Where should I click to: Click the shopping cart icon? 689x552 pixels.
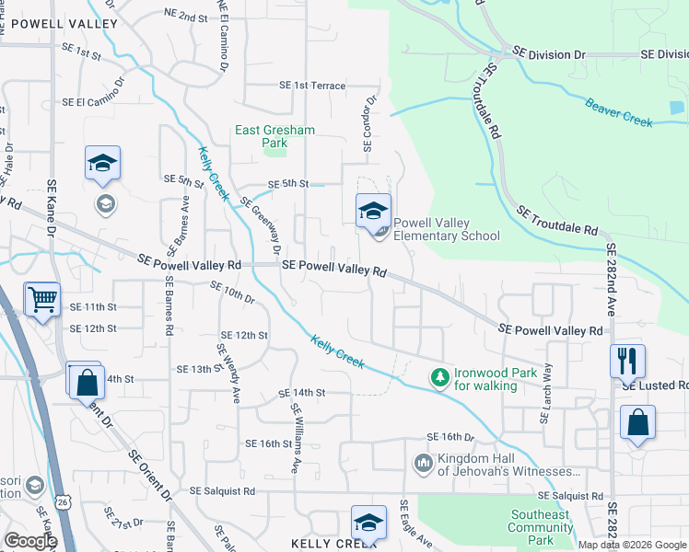click(x=42, y=300)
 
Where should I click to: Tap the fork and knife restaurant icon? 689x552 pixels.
click(x=627, y=360)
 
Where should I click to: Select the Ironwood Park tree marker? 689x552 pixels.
click(x=440, y=376)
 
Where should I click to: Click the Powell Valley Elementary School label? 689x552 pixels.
click(x=447, y=229)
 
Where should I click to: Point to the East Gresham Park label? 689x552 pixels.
click(x=274, y=137)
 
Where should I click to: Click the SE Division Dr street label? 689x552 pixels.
click(x=549, y=55)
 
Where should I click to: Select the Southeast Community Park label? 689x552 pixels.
click(x=540, y=527)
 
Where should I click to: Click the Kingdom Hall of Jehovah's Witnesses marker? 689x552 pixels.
click(x=424, y=463)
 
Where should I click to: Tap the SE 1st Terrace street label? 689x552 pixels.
click(x=313, y=86)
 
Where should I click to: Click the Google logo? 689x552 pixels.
click(x=29, y=541)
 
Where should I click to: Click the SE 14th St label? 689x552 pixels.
click(x=302, y=394)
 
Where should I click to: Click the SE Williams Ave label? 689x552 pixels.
click(x=296, y=438)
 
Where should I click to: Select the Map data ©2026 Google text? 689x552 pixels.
click(x=633, y=545)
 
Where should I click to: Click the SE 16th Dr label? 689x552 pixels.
click(x=450, y=437)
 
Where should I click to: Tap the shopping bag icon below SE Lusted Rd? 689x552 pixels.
click(x=636, y=423)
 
